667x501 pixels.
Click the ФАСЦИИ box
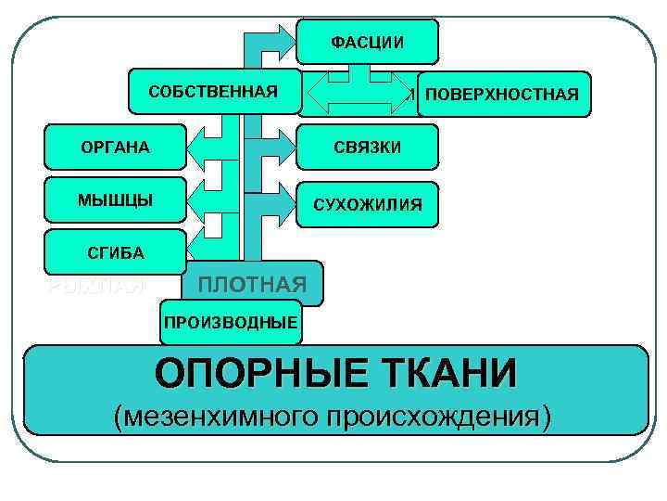point(368,42)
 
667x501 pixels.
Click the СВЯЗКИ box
point(367,148)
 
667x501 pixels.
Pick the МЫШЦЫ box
point(115,199)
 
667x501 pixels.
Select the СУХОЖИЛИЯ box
point(367,203)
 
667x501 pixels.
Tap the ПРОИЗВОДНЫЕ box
point(231,322)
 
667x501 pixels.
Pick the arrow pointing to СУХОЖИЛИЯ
point(277,199)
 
